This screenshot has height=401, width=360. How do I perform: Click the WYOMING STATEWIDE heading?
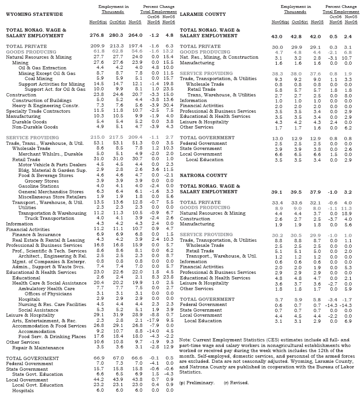pyautogui.click(x=34, y=14)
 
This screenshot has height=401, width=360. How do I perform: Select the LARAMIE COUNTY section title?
pyautogui.click(x=203, y=14)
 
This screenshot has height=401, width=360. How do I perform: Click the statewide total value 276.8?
pyautogui.click(x=97, y=35)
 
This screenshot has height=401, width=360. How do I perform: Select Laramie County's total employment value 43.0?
pyautogui.click(x=277, y=36)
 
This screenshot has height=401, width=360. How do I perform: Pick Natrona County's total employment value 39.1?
pyautogui.click(x=277, y=192)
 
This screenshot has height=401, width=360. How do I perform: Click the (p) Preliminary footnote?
pyautogui.click(x=197, y=382)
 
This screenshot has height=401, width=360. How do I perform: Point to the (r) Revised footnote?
pyautogui.click(x=236, y=382)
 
